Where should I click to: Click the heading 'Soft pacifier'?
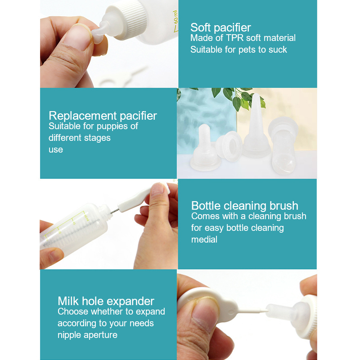(x=220, y=28)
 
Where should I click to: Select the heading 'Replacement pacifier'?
(x=103, y=116)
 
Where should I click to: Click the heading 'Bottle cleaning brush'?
(x=244, y=206)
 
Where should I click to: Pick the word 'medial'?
(x=204, y=239)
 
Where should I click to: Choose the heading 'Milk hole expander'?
(x=106, y=301)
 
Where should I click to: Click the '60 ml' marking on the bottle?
(x=175, y=17)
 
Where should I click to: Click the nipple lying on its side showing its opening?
(x=229, y=146)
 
